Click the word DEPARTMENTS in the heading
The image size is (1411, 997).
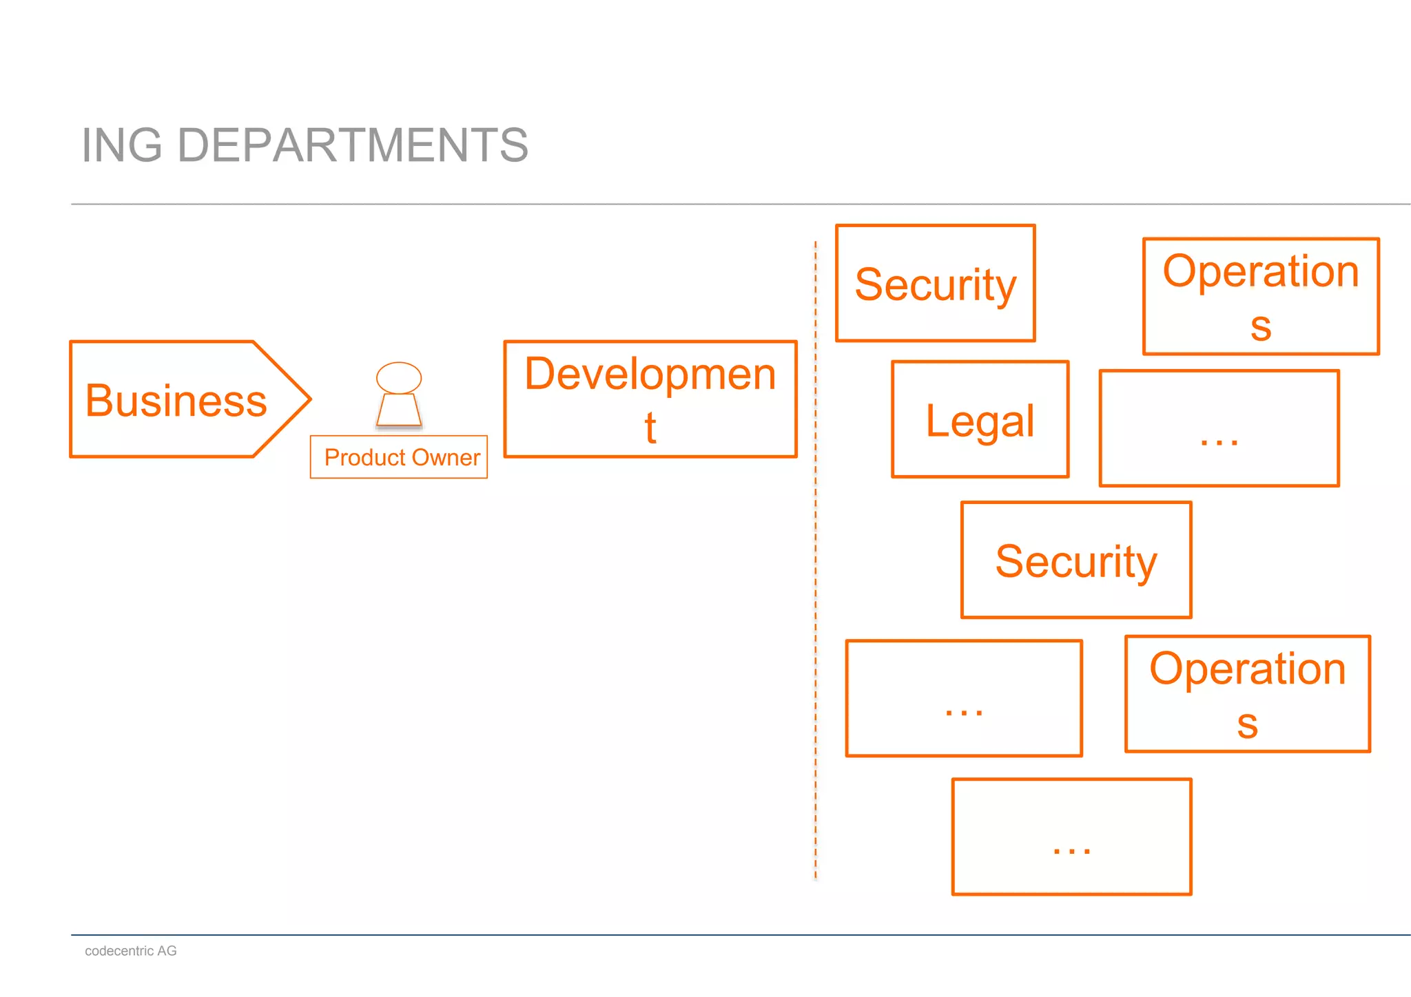(352, 145)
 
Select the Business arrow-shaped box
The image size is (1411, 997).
(176, 400)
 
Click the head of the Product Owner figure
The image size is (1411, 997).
(399, 378)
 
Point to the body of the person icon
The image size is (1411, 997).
(399, 410)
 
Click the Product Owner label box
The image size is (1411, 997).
(399, 457)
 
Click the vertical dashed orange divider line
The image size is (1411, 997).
(815, 551)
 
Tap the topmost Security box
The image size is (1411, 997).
(935, 283)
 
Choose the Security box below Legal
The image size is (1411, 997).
(1075, 560)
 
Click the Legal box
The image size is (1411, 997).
(980, 419)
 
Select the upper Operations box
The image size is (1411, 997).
(1260, 297)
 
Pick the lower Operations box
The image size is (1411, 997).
(1247, 694)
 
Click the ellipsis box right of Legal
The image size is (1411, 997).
(1219, 428)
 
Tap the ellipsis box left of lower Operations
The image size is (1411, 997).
(963, 698)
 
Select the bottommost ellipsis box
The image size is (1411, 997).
(1071, 837)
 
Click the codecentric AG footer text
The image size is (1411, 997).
(130, 951)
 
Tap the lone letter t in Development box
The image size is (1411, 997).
(650, 428)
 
